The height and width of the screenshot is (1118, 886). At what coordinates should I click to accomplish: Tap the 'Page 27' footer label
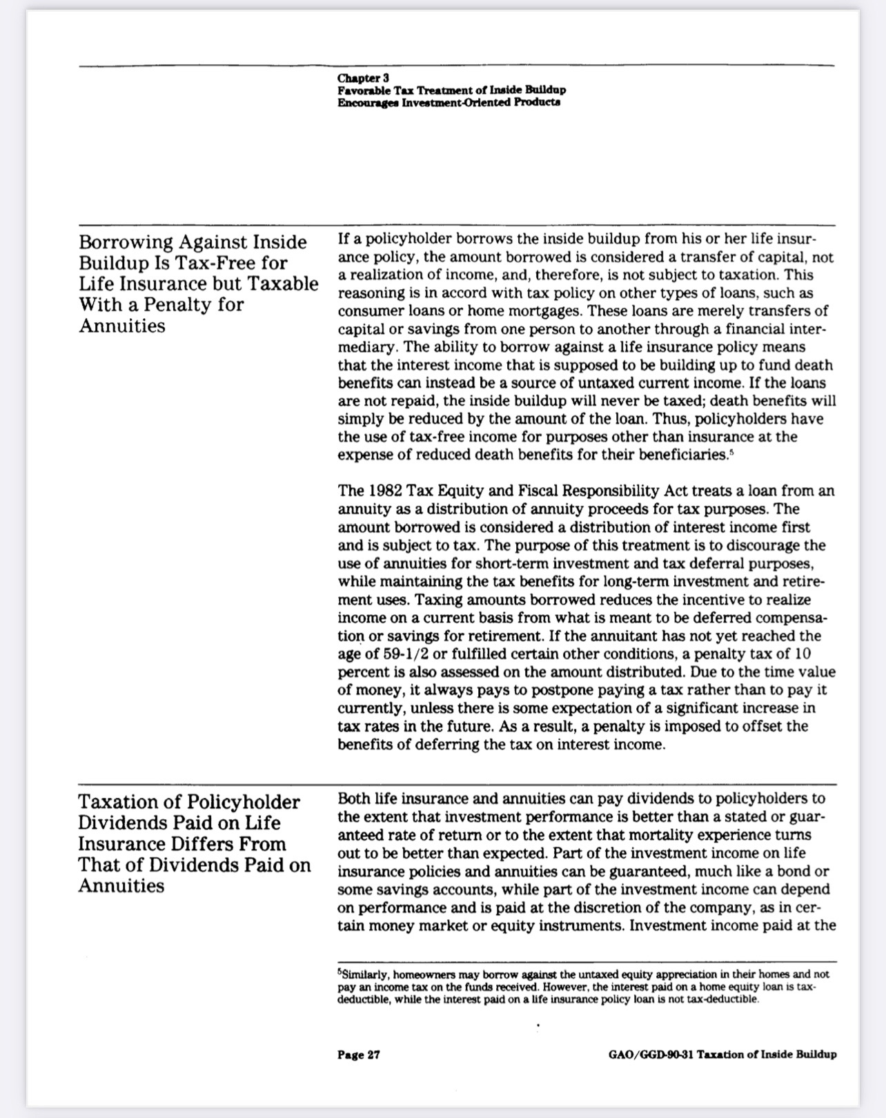click(x=359, y=1055)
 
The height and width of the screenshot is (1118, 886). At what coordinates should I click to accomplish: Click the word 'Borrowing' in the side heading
click(x=126, y=242)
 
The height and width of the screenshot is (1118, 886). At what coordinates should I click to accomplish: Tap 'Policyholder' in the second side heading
click(x=244, y=802)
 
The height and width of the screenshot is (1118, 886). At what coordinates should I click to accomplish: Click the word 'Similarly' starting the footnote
click(x=365, y=975)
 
